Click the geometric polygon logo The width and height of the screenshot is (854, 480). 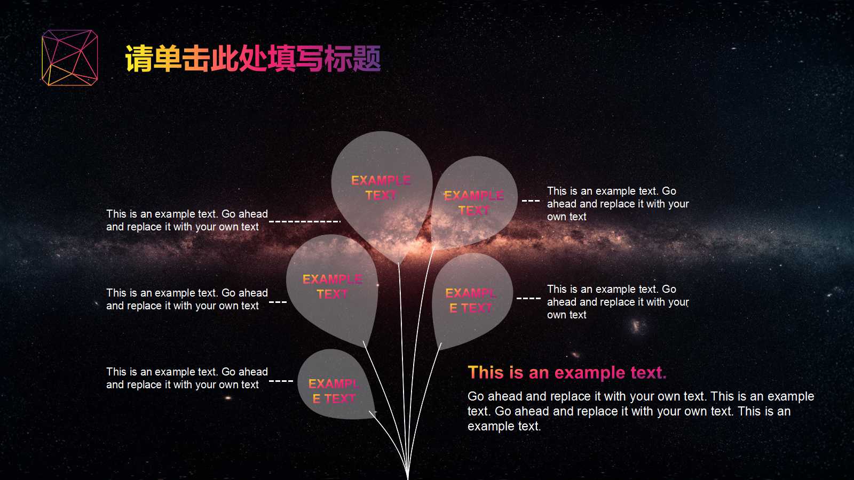[70, 58]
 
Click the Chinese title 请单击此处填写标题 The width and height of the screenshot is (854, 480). [252, 59]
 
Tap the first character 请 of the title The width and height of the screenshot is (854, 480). [139, 59]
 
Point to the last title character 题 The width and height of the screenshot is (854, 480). [367, 59]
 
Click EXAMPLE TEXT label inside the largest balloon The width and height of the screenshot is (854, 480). [381, 188]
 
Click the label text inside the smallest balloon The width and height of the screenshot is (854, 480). [334, 391]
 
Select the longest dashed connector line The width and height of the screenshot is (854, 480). [304, 221]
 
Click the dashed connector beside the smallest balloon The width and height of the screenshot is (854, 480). [281, 381]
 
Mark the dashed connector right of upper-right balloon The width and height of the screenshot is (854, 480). [531, 201]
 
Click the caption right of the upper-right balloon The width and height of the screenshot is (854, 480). [618, 204]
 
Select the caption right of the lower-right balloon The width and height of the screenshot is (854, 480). [618, 302]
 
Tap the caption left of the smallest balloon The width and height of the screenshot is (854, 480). [187, 378]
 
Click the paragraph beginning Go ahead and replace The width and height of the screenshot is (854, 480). [640, 411]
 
